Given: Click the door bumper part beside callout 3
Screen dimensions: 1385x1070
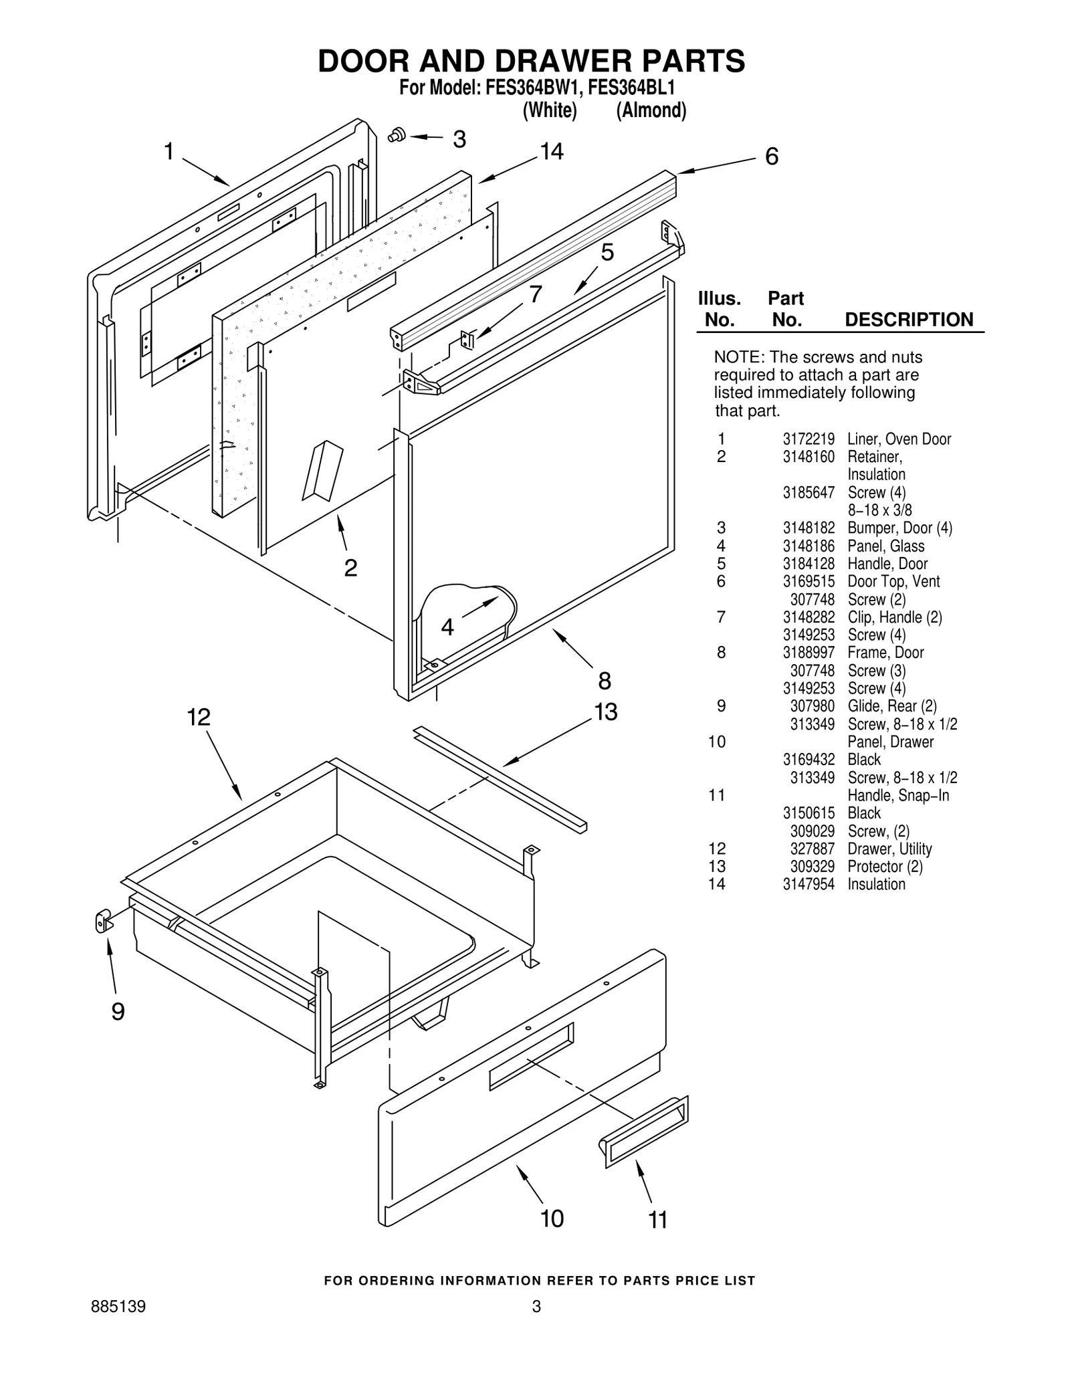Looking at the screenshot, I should click(x=397, y=134).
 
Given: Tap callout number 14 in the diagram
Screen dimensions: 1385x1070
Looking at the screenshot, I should click(x=552, y=152).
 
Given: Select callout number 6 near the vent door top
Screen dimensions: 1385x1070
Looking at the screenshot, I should click(x=771, y=156).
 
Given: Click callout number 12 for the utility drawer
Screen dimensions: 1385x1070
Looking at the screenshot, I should click(x=198, y=718).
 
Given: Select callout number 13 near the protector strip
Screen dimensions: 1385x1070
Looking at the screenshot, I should click(x=605, y=712).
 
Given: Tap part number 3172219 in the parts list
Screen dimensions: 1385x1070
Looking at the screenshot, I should click(x=809, y=439).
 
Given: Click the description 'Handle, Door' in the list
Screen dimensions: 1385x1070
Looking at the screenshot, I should click(x=887, y=564).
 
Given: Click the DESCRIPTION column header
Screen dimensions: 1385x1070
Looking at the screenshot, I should click(x=909, y=320).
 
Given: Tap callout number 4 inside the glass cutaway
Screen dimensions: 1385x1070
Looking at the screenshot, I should click(x=447, y=627).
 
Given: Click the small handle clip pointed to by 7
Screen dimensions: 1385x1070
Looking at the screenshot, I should click(x=467, y=340).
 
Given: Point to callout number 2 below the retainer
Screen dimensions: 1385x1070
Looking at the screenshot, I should click(x=350, y=568).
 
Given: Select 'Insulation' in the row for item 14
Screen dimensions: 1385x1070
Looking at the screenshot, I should click(x=876, y=884).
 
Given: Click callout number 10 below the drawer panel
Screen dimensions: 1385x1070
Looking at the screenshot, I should click(x=552, y=1218).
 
